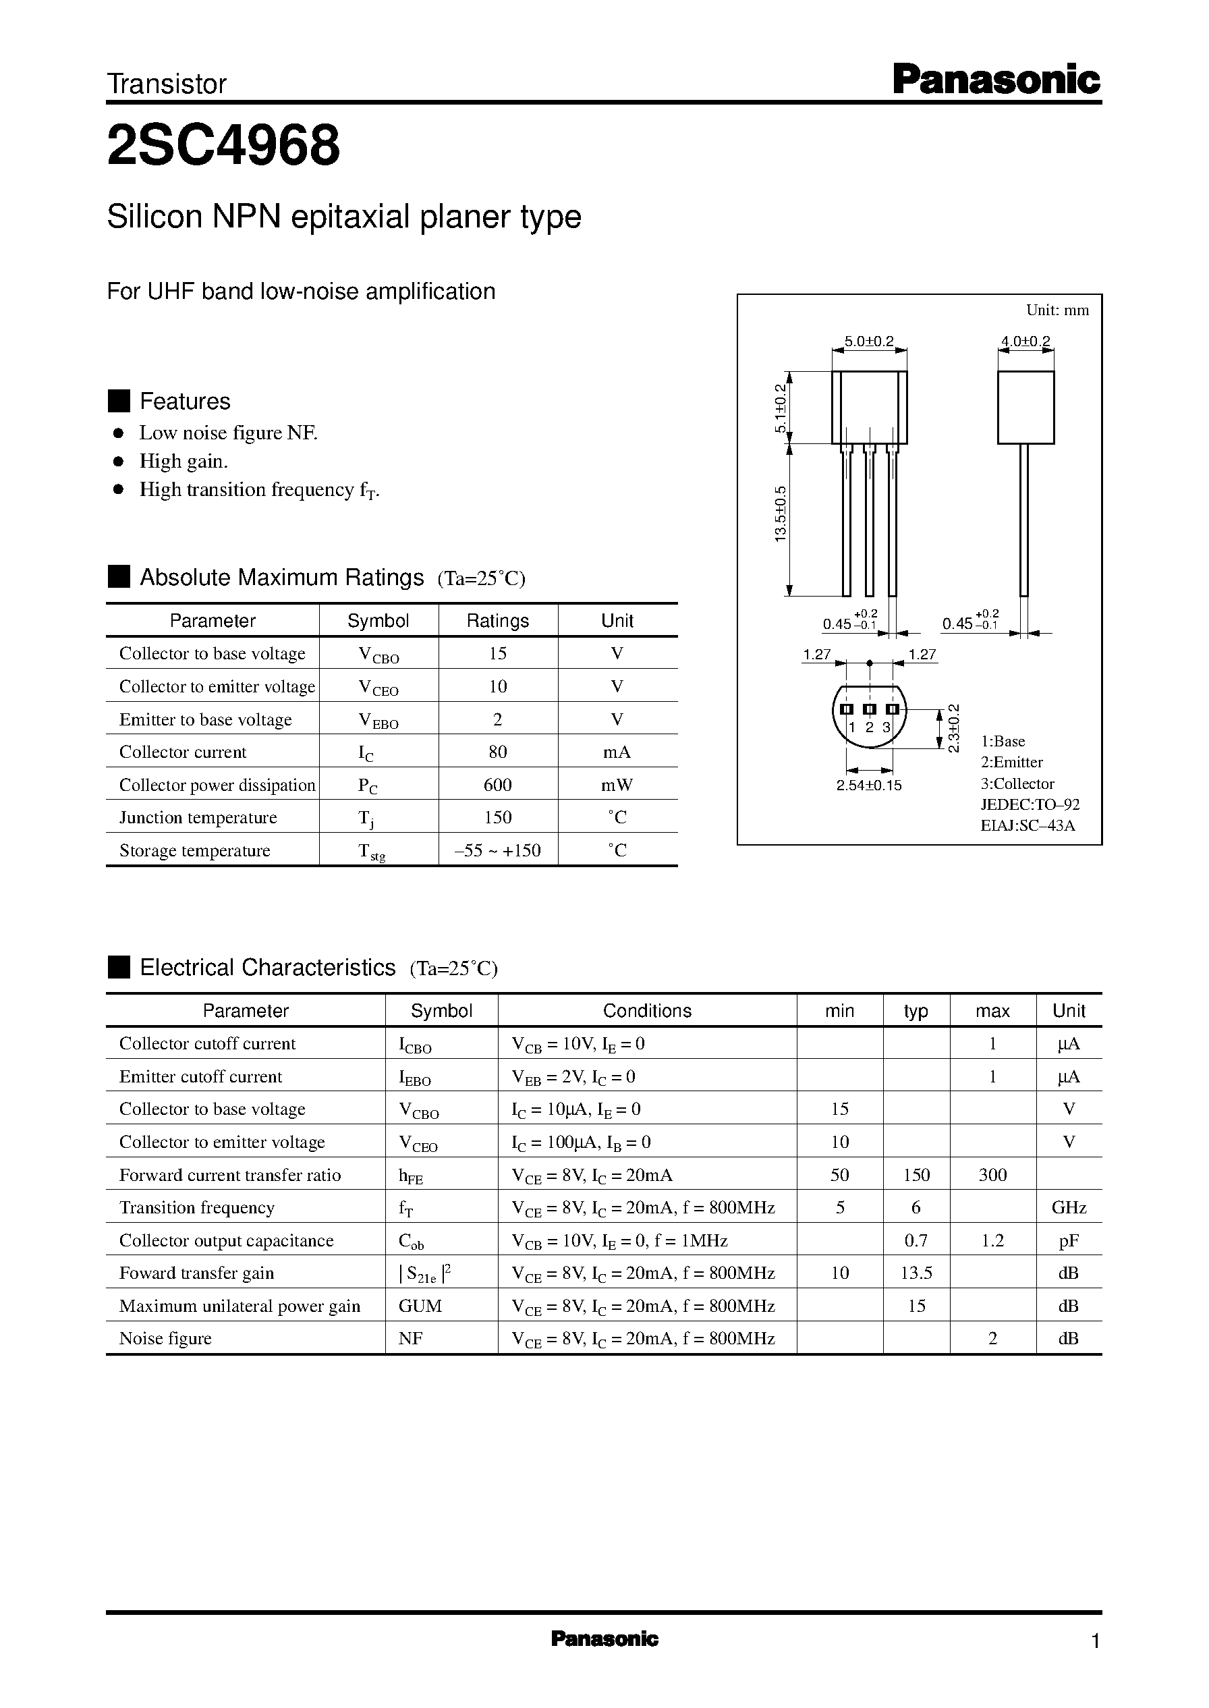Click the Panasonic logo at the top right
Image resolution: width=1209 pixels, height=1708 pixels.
pyautogui.click(x=995, y=80)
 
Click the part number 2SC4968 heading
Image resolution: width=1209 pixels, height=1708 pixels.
pyautogui.click(x=223, y=146)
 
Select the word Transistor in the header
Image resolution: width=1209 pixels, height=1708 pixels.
pyautogui.click(x=167, y=84)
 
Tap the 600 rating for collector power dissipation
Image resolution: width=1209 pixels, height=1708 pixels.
pyautogui.click(x=497, y=785)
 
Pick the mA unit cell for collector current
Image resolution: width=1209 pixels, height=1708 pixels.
pyautogui.click(x=617, y=752)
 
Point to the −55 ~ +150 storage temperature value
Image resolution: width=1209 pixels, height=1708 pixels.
pyautogui.click(x=497, y=850)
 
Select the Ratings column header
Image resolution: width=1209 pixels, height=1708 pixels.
pyautogui.click(x=497, y=620)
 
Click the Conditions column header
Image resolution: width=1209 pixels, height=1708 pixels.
pyautogui.click(x=646, y=1010)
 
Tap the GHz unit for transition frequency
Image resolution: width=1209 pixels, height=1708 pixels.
pyautogui.click(x=1068, y=1208)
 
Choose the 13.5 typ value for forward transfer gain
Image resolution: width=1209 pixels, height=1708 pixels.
pyautogui.click(x=916, y=1273)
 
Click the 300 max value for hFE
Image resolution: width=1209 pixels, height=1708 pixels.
pyautogui.click(x=992, y=1175)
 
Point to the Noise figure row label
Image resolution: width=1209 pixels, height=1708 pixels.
pyautogui.click(x=165, y=1339)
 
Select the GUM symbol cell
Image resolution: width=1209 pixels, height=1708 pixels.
pyautogui.click(x=420, y=1306)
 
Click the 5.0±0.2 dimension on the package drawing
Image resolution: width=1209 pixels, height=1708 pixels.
pyautogui.click(x=868, y=341)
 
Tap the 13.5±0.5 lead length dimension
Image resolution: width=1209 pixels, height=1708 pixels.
pyautogui.click(x=780, y=514)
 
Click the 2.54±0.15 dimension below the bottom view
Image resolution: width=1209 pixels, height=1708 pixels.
pyautogui.click(x=868, y=786)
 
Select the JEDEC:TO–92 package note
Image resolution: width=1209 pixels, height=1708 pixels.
pyautogui.click(x=1030, y=804)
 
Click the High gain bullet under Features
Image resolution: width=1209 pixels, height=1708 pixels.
pyautogui.click(x=183, y=462)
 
